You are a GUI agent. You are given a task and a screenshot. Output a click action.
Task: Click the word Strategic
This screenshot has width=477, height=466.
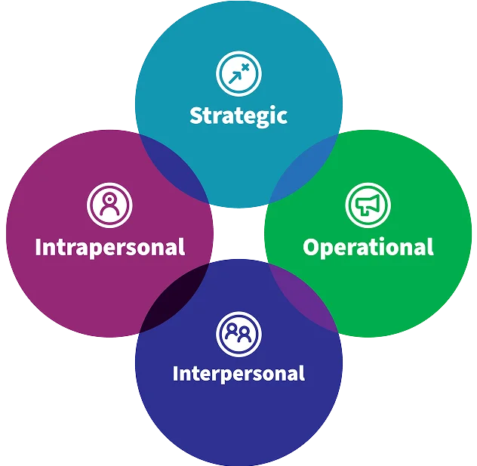pyautogui.click(x=238, y=116)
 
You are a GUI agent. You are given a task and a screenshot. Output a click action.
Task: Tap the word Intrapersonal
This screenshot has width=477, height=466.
pyautogui.click(x=110, y=247)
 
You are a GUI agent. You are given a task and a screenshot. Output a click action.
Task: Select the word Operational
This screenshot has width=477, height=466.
pyautogui.click(x=368, y=247)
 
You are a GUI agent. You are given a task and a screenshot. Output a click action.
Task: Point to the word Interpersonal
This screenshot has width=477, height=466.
pyautogui.click(x=238, y=373)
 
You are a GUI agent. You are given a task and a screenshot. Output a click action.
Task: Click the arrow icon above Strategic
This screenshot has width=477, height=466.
pyautogui.click(x=238, y=74)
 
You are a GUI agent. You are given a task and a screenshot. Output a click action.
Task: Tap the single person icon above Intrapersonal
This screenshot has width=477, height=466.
pyautogui.click(x=109, y=205)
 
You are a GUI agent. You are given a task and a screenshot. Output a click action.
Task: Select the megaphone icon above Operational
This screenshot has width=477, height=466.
pyautogui.click(x=368, y=205)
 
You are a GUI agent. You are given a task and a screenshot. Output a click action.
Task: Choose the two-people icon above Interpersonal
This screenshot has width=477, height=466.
pyautogui.click(x=238, y=334)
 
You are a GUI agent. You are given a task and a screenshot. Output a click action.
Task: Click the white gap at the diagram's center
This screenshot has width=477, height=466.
pyautogui.click(x=238, y=233)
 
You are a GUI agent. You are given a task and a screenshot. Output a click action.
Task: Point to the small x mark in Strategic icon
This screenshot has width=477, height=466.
pyautogui.click(x=245, y=67)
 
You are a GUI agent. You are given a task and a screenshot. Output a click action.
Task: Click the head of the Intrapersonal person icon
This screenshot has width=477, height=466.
pyautogui.click(x=109, y=199)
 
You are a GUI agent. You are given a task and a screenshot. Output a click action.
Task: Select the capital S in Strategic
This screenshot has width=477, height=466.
pyautogui.click(x=196, y=115)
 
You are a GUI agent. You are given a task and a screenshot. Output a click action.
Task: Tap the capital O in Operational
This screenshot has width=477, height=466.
pyautogui.click(x=310, y=246)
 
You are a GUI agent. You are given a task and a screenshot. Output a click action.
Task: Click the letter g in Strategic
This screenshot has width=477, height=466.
pyautogui.click(x=262, y=119)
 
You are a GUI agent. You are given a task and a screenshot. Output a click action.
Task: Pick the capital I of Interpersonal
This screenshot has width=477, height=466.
pyautogui.click(x=175, y=373)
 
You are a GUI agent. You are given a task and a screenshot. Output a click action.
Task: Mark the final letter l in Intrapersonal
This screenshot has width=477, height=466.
pyautogui.click(x=183, y=246)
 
